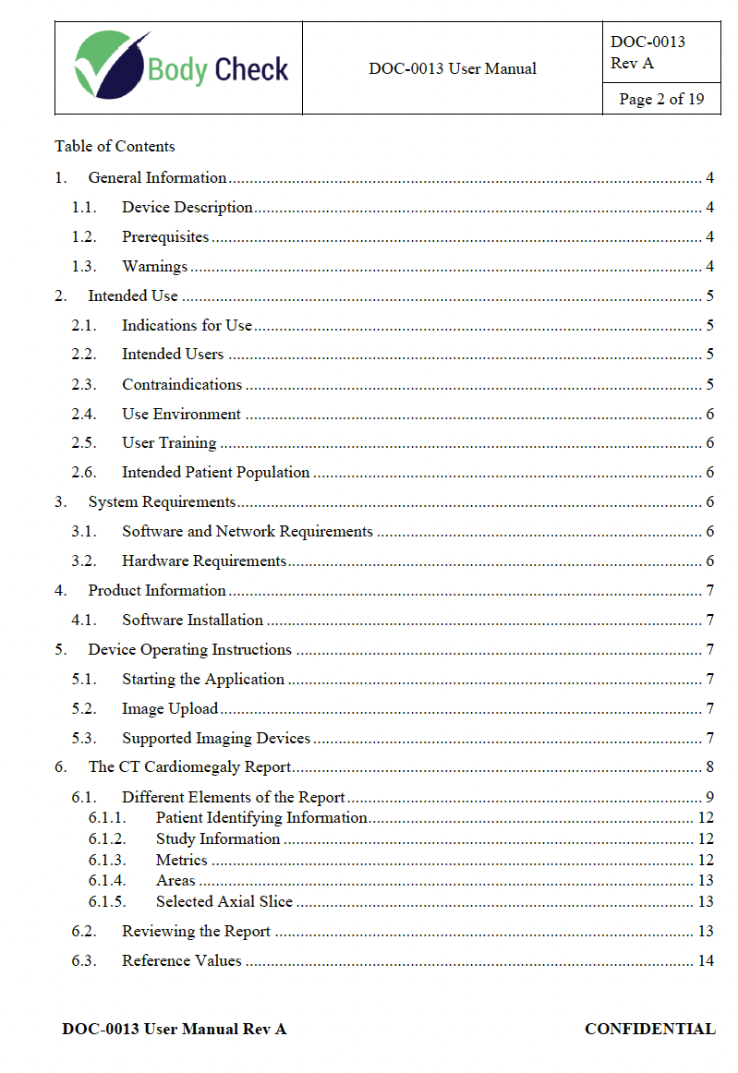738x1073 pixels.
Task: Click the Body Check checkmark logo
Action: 111,65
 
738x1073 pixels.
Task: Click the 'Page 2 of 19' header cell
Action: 661,99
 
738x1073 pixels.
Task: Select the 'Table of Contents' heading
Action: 115,146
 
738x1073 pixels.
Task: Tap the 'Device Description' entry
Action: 188,207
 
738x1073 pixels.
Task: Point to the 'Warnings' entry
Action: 154,266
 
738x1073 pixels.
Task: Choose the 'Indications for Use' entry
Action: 187,325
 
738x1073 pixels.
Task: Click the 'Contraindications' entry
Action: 182,384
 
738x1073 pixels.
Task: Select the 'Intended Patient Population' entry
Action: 215,472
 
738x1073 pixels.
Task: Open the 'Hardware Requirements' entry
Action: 204,561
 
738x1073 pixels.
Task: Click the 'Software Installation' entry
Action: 192,620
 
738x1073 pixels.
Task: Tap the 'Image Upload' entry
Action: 170,708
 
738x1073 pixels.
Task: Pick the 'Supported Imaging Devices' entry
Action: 216,738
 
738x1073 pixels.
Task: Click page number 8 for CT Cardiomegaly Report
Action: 709,766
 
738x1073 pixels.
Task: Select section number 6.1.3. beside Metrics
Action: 107,860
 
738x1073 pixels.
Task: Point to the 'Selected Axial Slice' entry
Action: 224,901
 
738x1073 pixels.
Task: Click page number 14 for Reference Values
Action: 706,960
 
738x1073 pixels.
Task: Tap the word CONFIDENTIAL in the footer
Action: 649,1029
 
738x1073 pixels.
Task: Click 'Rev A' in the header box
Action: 632,63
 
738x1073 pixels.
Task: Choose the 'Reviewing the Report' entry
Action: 196,931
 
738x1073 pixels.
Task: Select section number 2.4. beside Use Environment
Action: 84,414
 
